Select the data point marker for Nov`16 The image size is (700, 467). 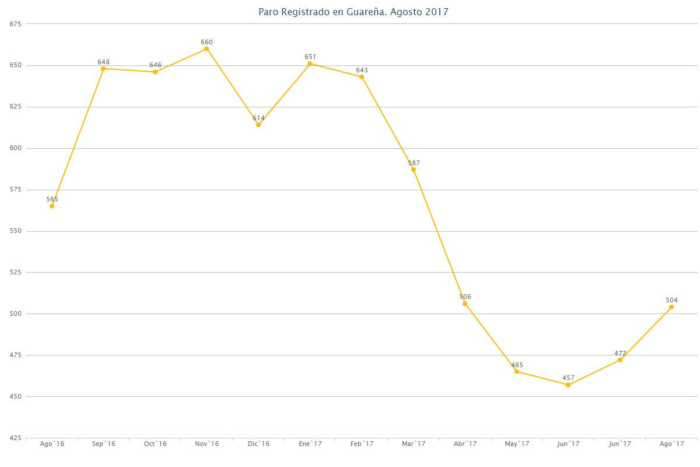(206, 49)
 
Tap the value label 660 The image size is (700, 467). (206, 42)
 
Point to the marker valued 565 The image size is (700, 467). (52, 206)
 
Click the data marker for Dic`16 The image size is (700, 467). (258, 125)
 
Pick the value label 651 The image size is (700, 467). (310, 57)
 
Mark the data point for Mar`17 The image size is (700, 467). (414, 169)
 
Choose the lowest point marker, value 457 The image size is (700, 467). (568, 385)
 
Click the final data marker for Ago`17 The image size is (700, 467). (671, 307)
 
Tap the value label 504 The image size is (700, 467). (671, 300)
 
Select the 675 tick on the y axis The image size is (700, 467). (15, 24)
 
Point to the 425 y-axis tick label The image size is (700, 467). (15, 438)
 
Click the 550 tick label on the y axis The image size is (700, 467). (15, 231)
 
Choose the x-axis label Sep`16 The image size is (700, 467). (103, 444)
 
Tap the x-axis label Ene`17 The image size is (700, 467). (310, 444)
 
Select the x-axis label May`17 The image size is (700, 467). (517, 444)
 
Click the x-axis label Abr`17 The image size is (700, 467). (465, 444)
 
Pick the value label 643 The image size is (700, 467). (362, 70)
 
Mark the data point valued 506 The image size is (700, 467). (465, 304)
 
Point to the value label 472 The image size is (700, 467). (620, 353)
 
